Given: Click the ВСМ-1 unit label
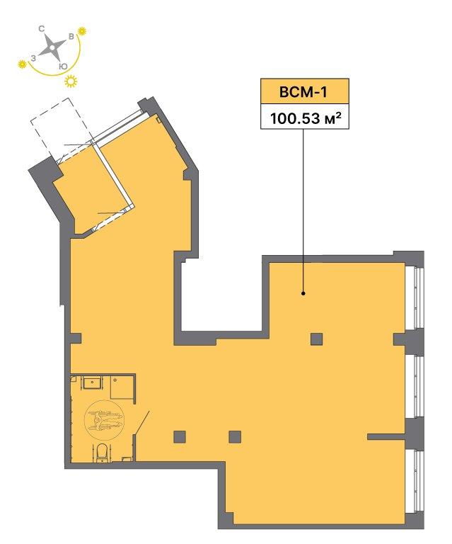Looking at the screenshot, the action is point(303,92).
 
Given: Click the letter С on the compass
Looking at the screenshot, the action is point(42,29).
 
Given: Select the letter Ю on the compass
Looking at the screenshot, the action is point(63,67).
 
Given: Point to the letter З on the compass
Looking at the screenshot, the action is point(33,58).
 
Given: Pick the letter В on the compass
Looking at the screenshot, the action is point(71,37).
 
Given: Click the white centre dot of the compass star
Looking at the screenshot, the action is point(52,47).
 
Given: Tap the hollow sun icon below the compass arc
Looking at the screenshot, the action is point(71,81).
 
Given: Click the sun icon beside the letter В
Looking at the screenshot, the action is point(82,31).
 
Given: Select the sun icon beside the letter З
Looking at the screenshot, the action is point(22,64).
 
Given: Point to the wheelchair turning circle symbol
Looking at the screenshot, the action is point(104,419).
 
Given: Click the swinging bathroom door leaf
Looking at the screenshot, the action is point(141,423).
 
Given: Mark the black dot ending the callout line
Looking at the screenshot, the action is point(303,293).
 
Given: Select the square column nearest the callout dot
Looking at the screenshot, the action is point(317,339).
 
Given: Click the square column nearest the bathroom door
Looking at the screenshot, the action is point(180,437).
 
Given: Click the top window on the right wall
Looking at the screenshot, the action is point(415,297).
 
